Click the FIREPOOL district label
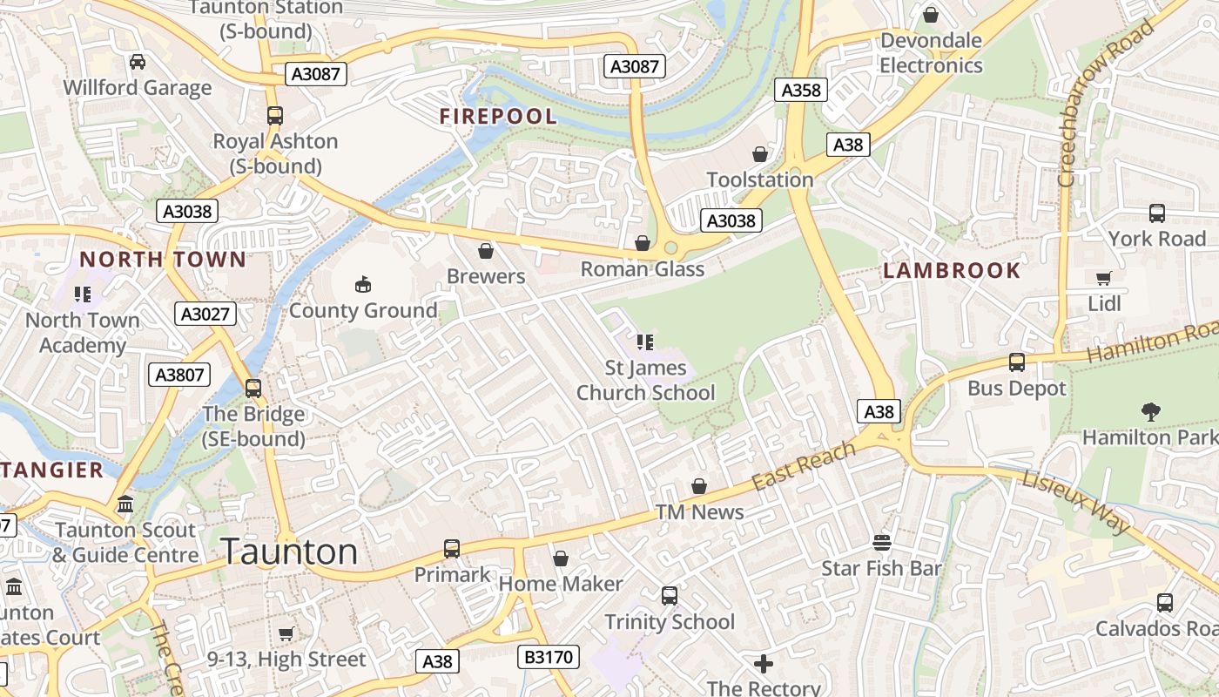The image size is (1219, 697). tap(498, 116)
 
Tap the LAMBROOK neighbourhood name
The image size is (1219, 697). tap(952, 270)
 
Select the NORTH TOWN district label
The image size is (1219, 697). tap(163, 259)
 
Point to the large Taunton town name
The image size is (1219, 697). tap(289, 552)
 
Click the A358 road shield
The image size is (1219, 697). tap(800, 90)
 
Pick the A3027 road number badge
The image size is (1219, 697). tap(205, 314)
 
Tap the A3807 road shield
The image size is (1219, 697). tap(180, 375)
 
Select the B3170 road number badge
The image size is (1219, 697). tap(549, 656)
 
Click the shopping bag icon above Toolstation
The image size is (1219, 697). tap(760, 154)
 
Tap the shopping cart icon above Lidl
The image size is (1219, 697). tap(1104, 279)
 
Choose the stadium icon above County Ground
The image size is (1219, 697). tap(363, 284)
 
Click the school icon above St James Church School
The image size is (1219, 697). tap(644, 342)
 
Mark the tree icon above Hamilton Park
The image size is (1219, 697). tap(1150, 410)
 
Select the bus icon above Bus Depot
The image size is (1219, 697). tap(1016, 362)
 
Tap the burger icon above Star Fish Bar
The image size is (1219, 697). tap(881, 543)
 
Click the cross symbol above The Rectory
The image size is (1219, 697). tap(764, 664)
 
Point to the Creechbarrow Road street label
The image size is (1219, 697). tap(1104, 105)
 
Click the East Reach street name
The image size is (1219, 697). tap(804, 466)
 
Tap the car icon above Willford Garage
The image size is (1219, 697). tap(138, 62)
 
